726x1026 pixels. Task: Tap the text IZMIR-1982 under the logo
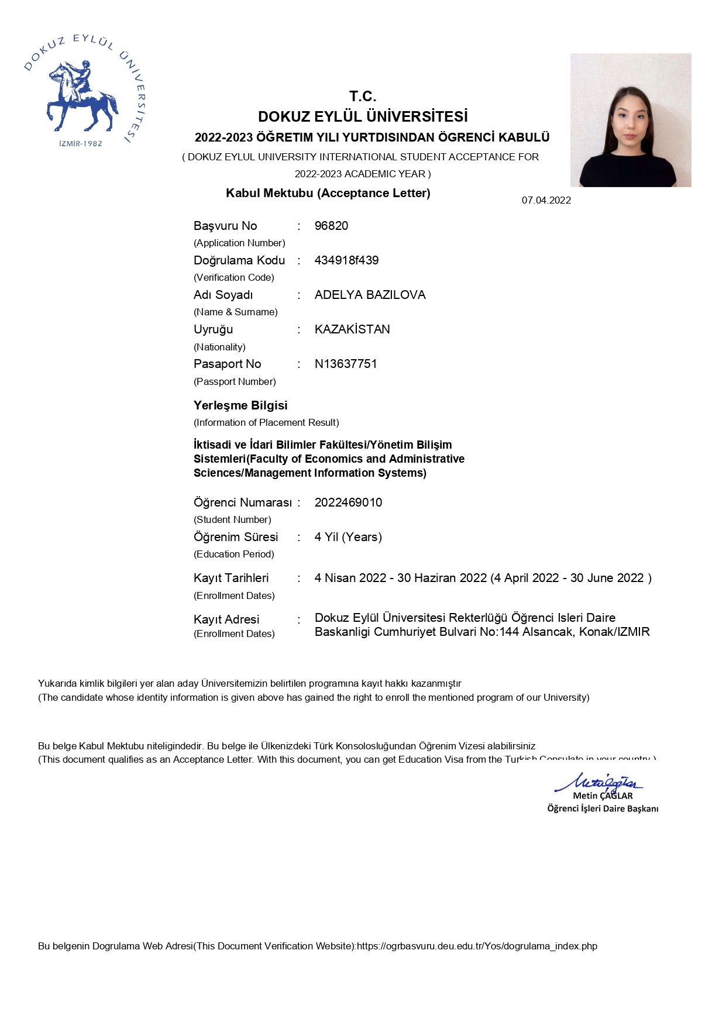click(81, 143)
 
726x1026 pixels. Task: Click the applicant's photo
click(631, 120)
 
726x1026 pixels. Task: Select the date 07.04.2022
click(546, 201)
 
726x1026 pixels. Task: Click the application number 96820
click(331, 226)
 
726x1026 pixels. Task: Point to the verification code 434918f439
click(346, 260)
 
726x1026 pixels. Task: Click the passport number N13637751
click(346, 364)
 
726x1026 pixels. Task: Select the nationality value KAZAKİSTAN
click(352, 329)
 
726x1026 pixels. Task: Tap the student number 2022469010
click(348, 502)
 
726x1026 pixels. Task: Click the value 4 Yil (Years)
click(348, 537)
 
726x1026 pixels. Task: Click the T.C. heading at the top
click(363, 97)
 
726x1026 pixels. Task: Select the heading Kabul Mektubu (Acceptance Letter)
click(328, 193)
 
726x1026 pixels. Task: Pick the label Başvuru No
click(225, 226)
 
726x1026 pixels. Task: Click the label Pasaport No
click(227, 364)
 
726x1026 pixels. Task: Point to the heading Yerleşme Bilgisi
click(240, 405)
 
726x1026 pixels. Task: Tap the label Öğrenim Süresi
click(236, 537)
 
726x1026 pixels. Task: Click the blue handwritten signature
click(599, 782)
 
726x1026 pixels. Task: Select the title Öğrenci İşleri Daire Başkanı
click(603, 808)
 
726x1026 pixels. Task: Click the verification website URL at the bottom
click(477, 946)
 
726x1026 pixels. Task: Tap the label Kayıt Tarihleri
click(231, 578)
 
